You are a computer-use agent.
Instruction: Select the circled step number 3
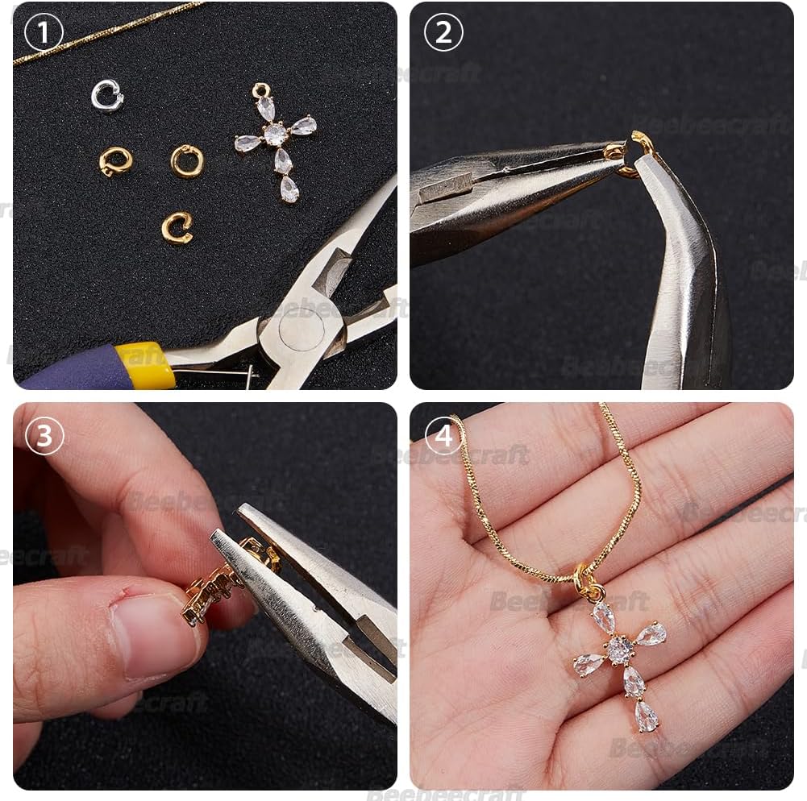coord(44,435)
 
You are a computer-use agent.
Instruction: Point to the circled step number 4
coord(443,435)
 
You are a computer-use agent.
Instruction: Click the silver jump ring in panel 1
coord(106,96)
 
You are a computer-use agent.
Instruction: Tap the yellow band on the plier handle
coord(145,365)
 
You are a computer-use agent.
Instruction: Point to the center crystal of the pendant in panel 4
coord(619,650)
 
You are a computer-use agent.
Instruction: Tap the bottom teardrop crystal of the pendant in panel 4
coord(647,716)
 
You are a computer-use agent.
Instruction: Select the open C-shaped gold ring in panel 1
coord(177,227)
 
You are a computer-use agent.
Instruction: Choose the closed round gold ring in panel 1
coord(187,160)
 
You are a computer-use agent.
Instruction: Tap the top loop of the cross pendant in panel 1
coord(261,89)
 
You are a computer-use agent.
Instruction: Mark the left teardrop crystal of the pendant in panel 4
coord(588,664)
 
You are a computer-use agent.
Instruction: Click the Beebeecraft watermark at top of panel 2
coord(709,123)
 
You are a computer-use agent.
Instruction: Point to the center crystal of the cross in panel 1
coord(276,134)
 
